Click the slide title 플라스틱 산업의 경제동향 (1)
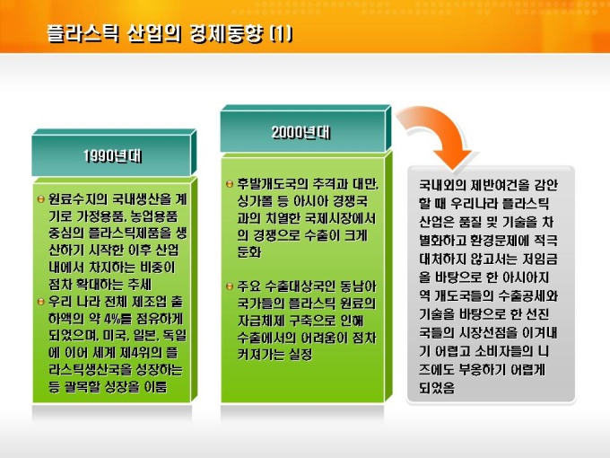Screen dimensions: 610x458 pyautogui.click(x=170, y=34)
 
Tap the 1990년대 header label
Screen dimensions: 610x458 pyautogui.click(x=113, y=156)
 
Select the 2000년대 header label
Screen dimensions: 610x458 pyautogui.click(x=301, y=132)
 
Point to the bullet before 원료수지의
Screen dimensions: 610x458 pyautogui.click(x=41, y=199)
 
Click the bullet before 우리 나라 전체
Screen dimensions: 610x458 pyautogui.click(x=41, y=302)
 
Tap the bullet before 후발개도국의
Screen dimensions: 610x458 pyautogui.click(x=230, y=184)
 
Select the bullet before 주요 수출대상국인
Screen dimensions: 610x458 pyautogui.click(x=230, y=286)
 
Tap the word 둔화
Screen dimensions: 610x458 pyautogui.click(x=249, y=251)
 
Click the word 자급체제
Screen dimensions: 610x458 pyautogui.click(x=261, y=321)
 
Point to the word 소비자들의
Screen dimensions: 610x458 pyautogui.click(x=504, y=351)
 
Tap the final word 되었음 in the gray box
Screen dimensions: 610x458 pyautogui.click(x=437, y=388)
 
